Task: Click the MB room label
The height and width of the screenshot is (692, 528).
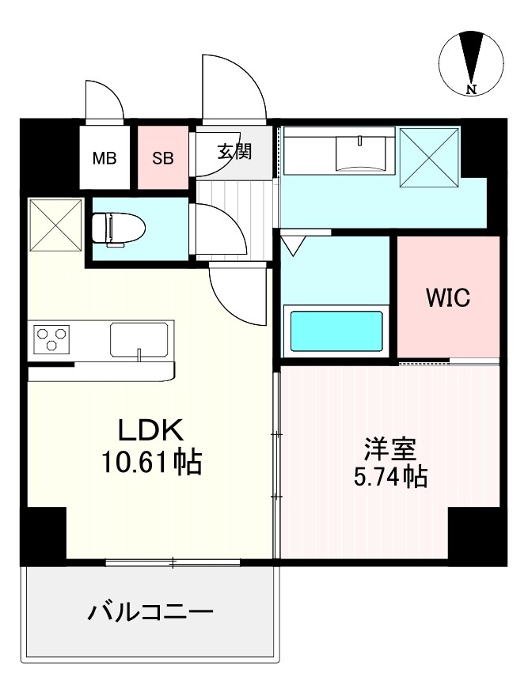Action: click(104, 157)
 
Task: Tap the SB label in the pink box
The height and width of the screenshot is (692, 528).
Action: click(163, 157)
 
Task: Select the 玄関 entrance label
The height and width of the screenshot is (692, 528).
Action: click(234, 151)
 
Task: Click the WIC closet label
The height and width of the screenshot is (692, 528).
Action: click(448, 298)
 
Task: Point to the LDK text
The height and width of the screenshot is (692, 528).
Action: click(150, 431)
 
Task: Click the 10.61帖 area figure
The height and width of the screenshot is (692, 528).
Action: click(150, 461)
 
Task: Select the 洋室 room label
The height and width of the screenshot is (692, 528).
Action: click(389, 449)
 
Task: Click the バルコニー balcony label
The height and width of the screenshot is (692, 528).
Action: click(150, 612)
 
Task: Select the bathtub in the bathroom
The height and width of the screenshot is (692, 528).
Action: click(337, 331)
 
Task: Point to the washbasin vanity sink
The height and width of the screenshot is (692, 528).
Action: click(361, 152)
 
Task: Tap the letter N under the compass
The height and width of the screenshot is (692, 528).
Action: click(471, 89)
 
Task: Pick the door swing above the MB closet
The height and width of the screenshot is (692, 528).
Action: click(104, 100)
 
